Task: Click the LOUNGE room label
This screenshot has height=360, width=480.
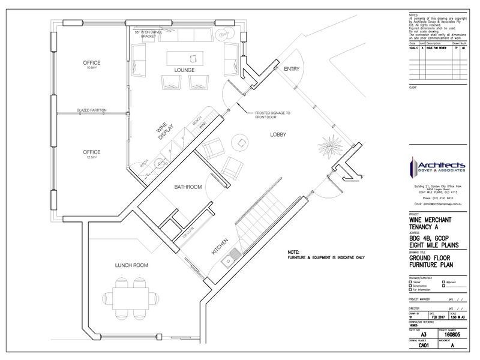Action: tap(184, 70)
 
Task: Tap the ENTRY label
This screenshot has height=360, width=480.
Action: tap(292, 68)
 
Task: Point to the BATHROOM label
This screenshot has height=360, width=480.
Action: tap(188, 187)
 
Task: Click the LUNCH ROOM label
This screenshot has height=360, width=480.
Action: tap(131, 265)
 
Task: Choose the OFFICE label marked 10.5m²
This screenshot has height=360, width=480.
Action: tap(92, 64)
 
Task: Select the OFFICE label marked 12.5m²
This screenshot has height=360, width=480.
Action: tap(92, 152)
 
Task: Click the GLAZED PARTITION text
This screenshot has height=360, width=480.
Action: tap(92, 110)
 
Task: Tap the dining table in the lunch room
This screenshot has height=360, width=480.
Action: tap(131, 296)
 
